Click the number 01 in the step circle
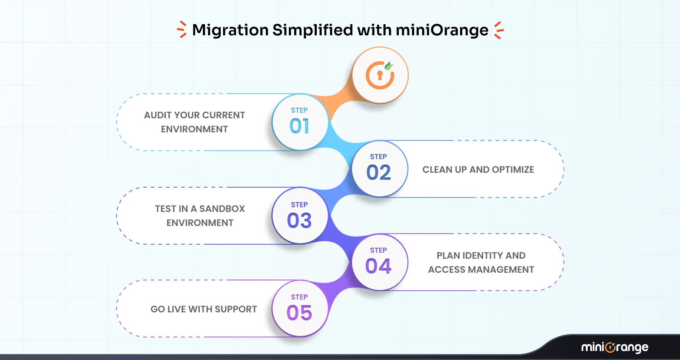click(x=299, y=126)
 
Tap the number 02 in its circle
click(x=378, y=173)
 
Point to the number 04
click(x=378, y=266)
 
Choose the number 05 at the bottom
click(x=299, y=313)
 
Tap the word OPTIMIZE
click(x=513, y=170)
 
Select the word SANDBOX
click(x=222, y=209)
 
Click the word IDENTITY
click(x=482, y=256)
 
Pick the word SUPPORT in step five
click(x=236, y=309)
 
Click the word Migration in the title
click(x=230, y=30)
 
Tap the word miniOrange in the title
click(x=442, y=30)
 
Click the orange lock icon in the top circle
click(x=380, y=75)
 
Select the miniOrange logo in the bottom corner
click(x=615, y=347)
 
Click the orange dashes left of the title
click(x=182, y=29)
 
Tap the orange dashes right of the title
click(x=499, y=30)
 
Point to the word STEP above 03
click(x=299, y=205)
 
